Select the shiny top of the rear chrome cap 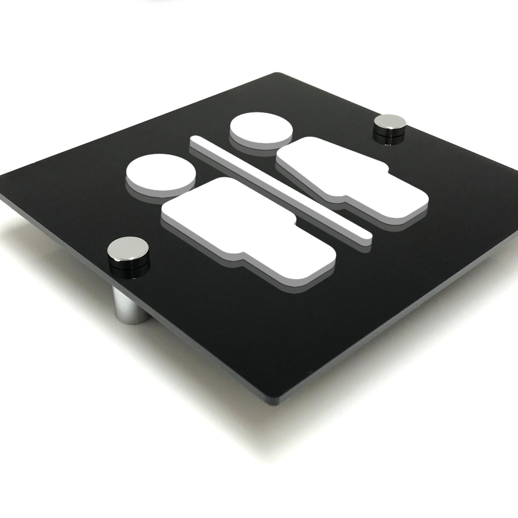pos(388,122)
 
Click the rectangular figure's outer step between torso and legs pos(241,256)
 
